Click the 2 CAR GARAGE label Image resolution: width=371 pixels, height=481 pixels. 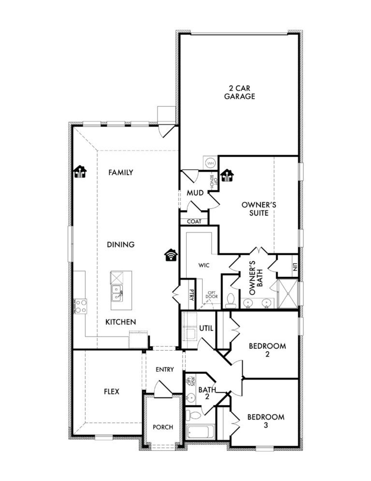pos(239,92)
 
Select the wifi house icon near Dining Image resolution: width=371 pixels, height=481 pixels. pos(171,255)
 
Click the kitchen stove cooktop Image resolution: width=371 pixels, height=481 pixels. pos(81,306)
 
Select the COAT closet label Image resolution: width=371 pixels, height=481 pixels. pos(194,222)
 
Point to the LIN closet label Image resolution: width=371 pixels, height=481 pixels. pos(295,267)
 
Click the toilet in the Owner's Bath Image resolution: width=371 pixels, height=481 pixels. pos(231,301)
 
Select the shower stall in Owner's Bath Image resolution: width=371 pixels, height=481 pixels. pos(288,294)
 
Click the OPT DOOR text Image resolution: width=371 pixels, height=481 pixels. pos(212,294)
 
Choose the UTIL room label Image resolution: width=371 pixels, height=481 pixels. pos(206,328)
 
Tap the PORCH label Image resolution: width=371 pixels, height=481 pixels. pos(163,427)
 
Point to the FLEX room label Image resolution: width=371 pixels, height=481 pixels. pos(112,392)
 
